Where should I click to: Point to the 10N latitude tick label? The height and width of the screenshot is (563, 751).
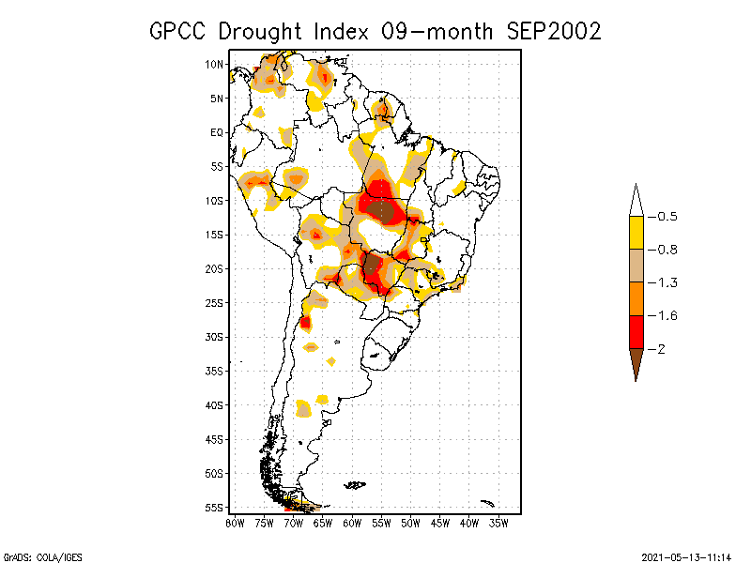(x=214, y=64)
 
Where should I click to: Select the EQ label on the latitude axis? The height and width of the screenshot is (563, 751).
(x=217, y=132)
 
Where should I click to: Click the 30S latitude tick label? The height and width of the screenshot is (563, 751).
(x=214, y=337)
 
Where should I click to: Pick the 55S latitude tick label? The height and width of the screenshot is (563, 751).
(x=214, y=508)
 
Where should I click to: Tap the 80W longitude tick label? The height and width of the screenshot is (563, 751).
(x=235, y=522)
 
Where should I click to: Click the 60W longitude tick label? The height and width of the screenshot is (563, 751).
(x=352, y=522)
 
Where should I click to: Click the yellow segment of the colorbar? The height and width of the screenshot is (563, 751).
(x=636, y=233)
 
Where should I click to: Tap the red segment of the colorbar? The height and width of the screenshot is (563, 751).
(x=636, y=331)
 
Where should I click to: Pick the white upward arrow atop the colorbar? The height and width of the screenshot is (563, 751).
(x=636, y=200)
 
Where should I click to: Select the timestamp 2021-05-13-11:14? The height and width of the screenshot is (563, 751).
(x=685, y=555)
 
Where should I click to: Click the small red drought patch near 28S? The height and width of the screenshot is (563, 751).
(x=305, y=323)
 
